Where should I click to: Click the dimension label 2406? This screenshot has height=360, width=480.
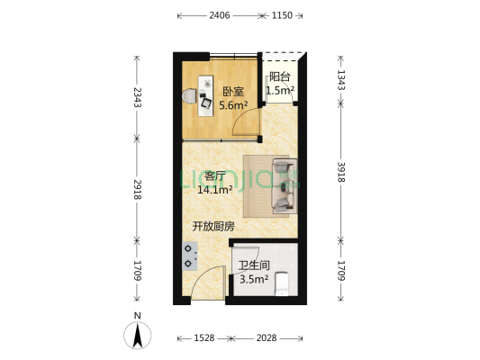(219, 15)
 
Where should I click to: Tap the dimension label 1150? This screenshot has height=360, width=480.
(282, 15)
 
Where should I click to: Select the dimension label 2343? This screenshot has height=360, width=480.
(138, 97)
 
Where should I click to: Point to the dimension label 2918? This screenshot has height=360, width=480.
(138, 190)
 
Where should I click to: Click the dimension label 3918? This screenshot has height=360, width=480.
(341, 172)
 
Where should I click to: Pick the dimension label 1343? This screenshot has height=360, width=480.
(341, 80)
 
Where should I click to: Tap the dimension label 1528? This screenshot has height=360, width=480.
(204, 338)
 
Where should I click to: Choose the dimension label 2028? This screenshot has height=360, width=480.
(267, 338)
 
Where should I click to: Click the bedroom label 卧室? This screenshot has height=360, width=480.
(233, 92)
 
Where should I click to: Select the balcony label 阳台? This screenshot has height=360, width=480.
(279, 76)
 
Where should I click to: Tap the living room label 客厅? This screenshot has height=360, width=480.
(215, 176)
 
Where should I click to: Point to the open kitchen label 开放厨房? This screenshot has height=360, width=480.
(213, 227)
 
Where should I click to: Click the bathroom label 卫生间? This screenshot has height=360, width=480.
(254, 265)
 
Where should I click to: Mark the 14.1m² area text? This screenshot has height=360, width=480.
(215, 190)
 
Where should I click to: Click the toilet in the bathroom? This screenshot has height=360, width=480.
(282, 283)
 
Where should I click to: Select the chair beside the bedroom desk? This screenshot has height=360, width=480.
(189, 96)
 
